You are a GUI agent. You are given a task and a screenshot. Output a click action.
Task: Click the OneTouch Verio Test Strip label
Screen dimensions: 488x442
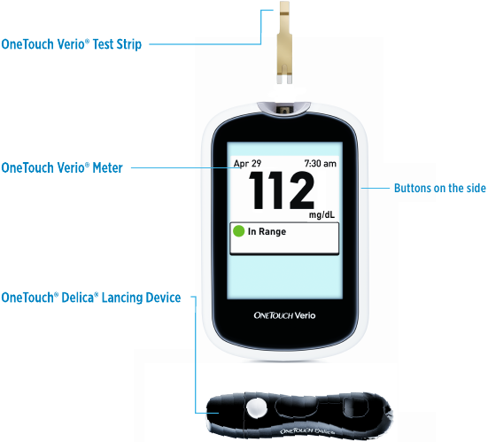tap(71, 44)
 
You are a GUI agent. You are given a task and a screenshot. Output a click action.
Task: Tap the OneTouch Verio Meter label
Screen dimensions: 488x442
tap(62, 167)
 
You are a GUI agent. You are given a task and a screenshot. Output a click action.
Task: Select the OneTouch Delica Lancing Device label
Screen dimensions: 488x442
tap(91, 298)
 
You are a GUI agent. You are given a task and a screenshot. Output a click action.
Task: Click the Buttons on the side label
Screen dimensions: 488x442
tap(440, 188)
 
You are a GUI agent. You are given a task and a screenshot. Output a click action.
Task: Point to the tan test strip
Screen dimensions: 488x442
tap(285, 43)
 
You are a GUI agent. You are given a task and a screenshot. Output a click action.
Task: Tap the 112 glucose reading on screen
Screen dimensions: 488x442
tap(282, 190)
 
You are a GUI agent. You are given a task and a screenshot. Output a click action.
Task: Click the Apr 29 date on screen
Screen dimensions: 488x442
tap(247, 163)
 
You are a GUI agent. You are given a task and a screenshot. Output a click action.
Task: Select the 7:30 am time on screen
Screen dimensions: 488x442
tap(321, 163)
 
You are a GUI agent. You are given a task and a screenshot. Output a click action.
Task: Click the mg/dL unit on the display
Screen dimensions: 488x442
tap(321, 214)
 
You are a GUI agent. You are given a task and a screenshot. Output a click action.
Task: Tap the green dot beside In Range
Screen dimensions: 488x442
tap(239, 231)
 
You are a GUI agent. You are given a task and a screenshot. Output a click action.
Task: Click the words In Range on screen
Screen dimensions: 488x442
tap(267, 231)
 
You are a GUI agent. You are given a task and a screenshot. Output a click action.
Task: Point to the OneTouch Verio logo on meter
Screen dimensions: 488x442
tap(284, 315)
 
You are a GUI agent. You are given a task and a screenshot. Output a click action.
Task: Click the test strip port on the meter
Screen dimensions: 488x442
tap(284, 110)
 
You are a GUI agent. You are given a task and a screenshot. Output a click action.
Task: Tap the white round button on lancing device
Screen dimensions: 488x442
tap(257, 407)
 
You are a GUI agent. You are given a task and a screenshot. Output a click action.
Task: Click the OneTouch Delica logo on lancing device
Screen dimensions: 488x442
tap(307, 431)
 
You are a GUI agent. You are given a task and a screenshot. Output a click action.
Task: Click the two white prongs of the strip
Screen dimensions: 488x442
tap(285, 79)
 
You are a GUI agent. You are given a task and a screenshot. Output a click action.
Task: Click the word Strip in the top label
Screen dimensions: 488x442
tap(128, 44)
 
